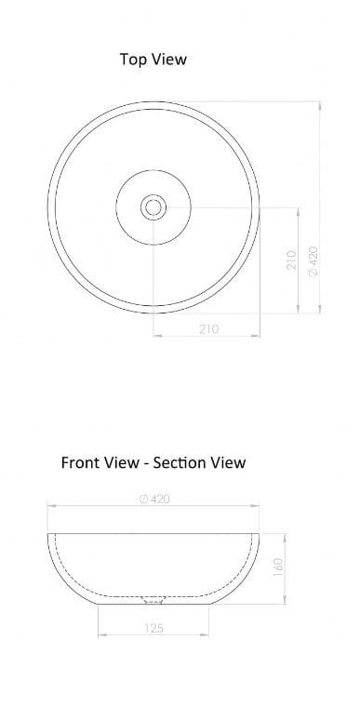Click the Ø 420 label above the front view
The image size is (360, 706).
pyautogui.click(x=153, y=499)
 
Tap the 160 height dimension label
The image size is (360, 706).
pyautogui.click(x=278, y=566)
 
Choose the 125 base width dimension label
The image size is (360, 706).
pyautogui.click(x=154, y=628)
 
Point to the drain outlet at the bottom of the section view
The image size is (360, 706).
pyautogui.click(x=153, y=598)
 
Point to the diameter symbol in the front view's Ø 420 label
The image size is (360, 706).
pyautogui.click(x=141, y=499)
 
